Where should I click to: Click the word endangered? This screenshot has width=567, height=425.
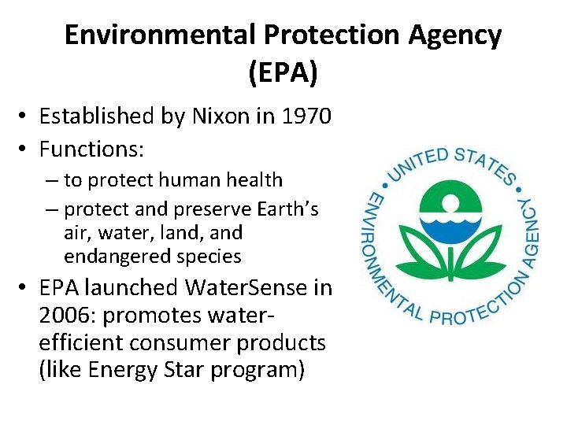[x=108, y=257]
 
